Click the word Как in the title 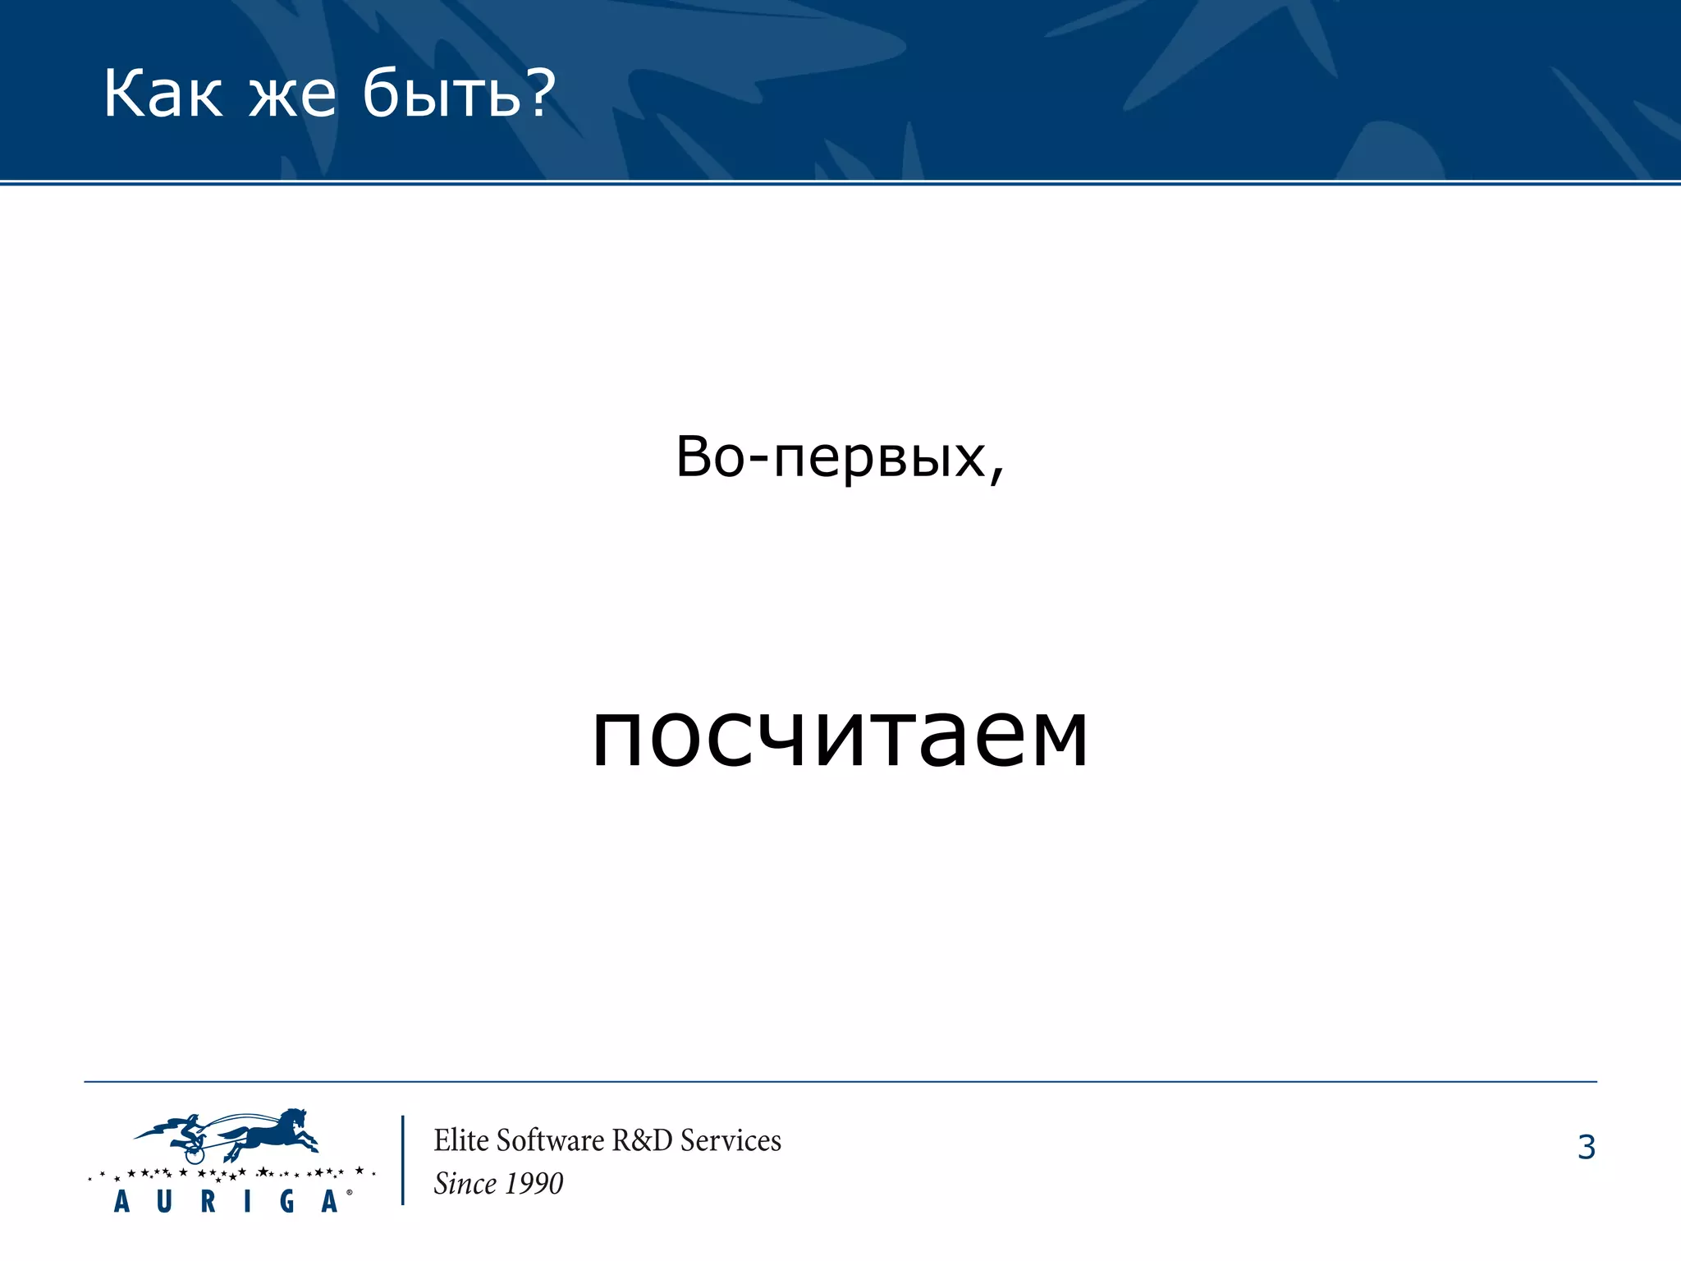point(163,94)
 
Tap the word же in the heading point(292,96)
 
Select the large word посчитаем point(840,735)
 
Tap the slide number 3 point(1586,1147)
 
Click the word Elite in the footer point(461,1140)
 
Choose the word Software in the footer point(550,1140)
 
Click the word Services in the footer point(731,1140)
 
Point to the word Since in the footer point(465,1184)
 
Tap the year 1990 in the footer point(534,1184)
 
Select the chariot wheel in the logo point(194,1154)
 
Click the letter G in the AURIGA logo point(287,1202)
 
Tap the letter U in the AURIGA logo point(164,1202)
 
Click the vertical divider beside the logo point(402,1160)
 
